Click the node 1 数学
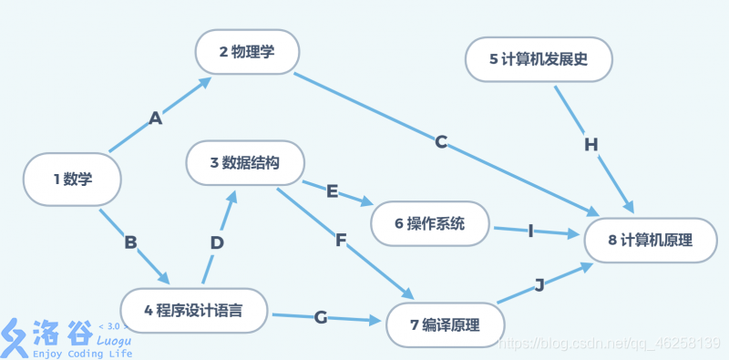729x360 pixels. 72,179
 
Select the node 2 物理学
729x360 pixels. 246,52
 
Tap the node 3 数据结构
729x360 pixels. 244,163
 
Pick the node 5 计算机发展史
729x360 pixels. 538,60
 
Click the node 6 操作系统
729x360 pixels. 430,223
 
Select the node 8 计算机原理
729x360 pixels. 650,241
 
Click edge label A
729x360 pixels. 155,118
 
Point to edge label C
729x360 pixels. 441,141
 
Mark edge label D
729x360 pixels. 217,242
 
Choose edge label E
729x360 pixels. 332,190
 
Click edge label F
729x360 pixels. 341,240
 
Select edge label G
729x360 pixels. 320,317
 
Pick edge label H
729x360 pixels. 590,144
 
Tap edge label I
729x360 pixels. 530,231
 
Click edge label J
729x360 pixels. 539,285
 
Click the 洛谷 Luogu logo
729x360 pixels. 64,337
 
